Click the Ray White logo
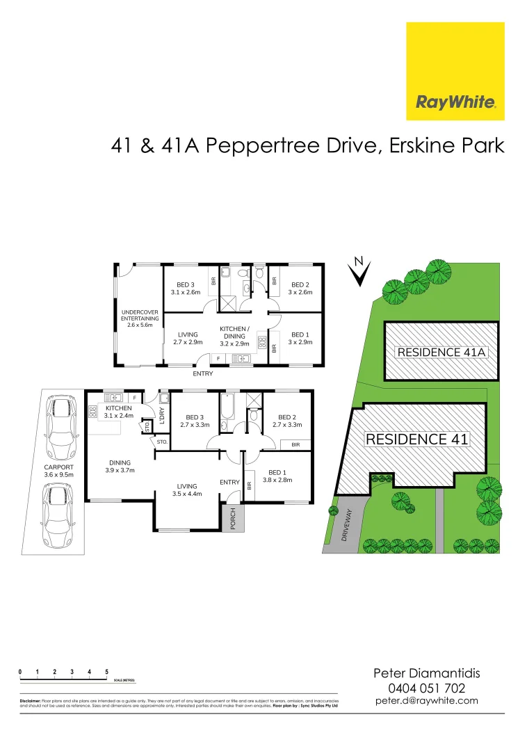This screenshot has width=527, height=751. [x=455, y=71]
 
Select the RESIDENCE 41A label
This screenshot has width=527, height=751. [x=442, y=353]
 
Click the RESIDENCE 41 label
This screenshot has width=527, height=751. [x=417, y=439]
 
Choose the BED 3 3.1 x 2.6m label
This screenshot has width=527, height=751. [x=186, y=289]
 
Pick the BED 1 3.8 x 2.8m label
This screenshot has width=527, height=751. [x=277, y=476]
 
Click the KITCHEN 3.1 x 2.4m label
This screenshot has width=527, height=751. [x=118, y=412]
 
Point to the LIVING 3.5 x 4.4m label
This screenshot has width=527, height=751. [x=186, y=490]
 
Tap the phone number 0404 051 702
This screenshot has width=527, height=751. [x=426, y=688]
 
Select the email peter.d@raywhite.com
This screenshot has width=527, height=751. [x=426, y=701]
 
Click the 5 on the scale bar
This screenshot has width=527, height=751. [x=106, y=672]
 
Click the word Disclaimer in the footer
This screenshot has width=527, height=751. [x=30, y=701]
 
